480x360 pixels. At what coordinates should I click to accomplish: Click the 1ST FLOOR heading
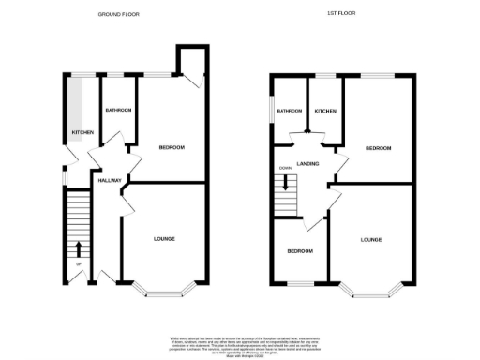(339, 14)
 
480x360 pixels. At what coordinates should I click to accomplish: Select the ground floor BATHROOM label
(118, 111)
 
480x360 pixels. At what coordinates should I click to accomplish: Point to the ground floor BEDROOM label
(171, 147)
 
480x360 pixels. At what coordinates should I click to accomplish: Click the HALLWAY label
(110, 180)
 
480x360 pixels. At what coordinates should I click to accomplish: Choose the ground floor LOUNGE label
(165, 239)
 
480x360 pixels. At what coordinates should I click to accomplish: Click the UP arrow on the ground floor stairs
(78, 247)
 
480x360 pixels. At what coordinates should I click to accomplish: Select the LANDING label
(307, 164)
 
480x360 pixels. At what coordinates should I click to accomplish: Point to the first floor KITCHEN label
(325, 112)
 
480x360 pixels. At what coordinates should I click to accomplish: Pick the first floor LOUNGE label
(371, 240)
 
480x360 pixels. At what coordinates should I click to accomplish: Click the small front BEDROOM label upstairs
(300, 251)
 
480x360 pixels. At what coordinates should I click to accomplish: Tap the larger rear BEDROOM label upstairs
(378, 148)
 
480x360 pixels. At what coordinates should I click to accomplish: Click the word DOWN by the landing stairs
(284, 170)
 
